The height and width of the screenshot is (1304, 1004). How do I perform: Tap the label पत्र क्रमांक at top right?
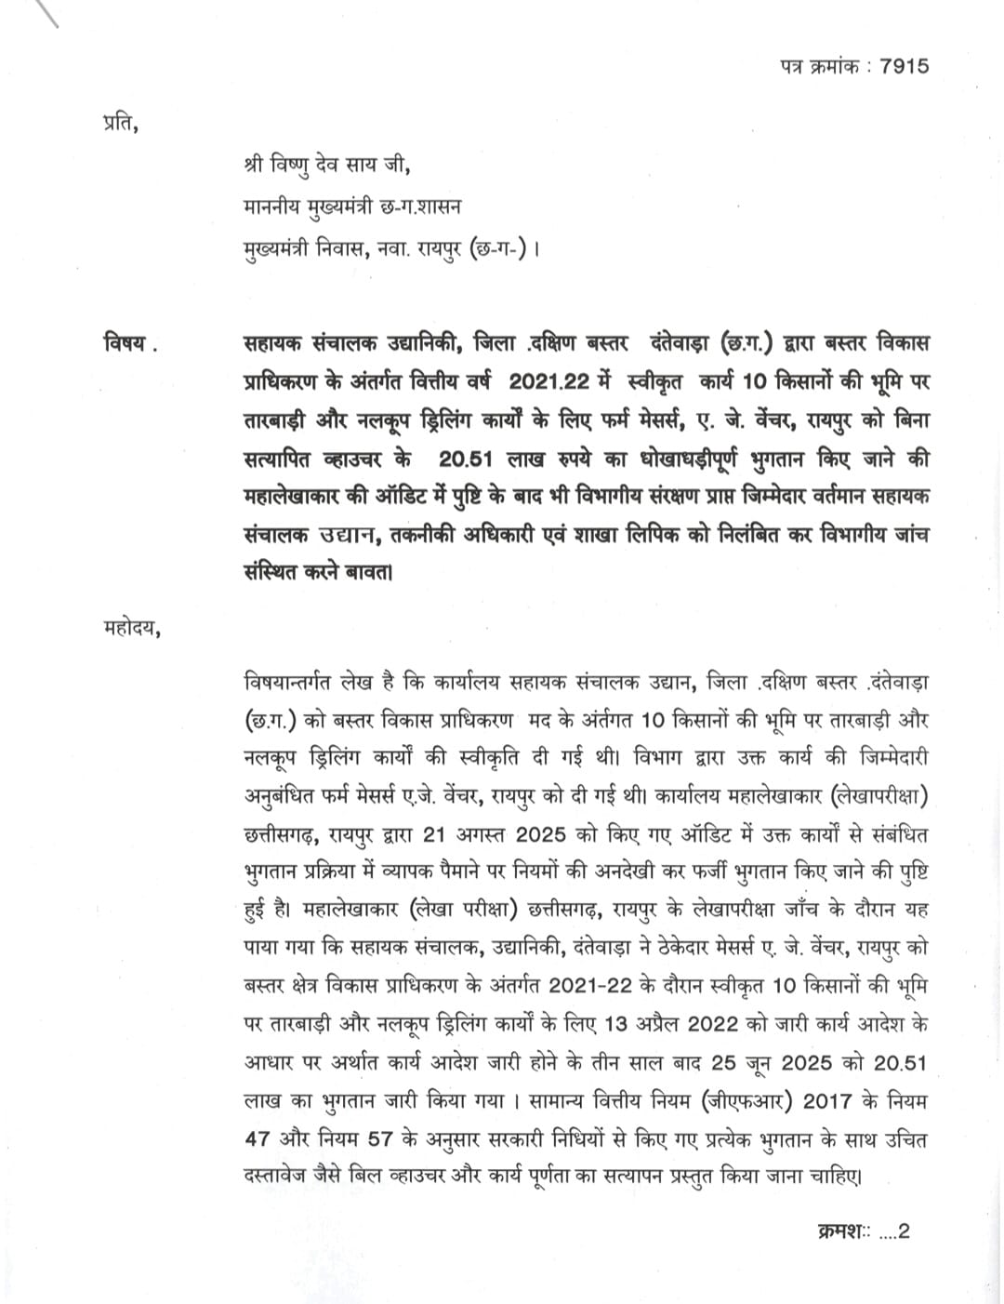817,67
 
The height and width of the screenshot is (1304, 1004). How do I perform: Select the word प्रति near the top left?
120,122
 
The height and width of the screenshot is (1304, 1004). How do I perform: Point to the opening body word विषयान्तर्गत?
300,682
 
